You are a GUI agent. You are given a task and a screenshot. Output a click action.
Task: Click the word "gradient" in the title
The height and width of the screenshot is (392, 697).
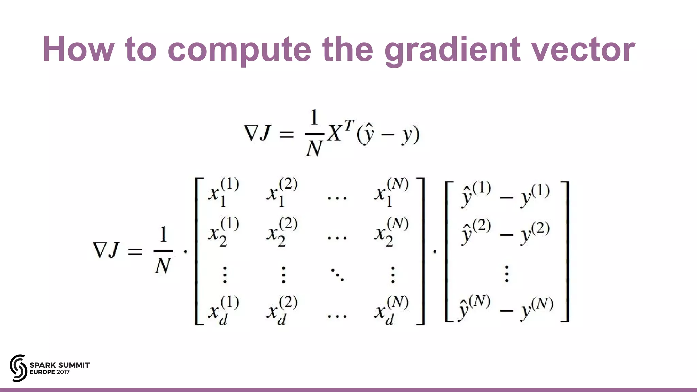452,50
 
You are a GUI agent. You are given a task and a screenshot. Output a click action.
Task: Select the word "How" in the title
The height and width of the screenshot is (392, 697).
78,50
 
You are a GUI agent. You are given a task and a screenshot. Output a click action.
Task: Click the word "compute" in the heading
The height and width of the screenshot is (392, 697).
239,50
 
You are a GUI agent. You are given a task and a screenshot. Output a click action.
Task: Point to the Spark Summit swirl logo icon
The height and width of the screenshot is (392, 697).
18,368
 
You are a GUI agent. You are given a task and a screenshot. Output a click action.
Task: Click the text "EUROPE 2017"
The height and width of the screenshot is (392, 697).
50,372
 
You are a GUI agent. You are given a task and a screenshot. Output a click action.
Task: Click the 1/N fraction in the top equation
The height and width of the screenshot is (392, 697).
314,133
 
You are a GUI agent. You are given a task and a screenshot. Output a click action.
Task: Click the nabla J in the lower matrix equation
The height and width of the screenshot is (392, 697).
106,250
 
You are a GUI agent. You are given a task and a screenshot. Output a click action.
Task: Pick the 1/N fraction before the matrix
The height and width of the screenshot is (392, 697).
163,250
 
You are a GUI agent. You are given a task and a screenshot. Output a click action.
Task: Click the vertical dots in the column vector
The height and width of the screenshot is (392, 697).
507,274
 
